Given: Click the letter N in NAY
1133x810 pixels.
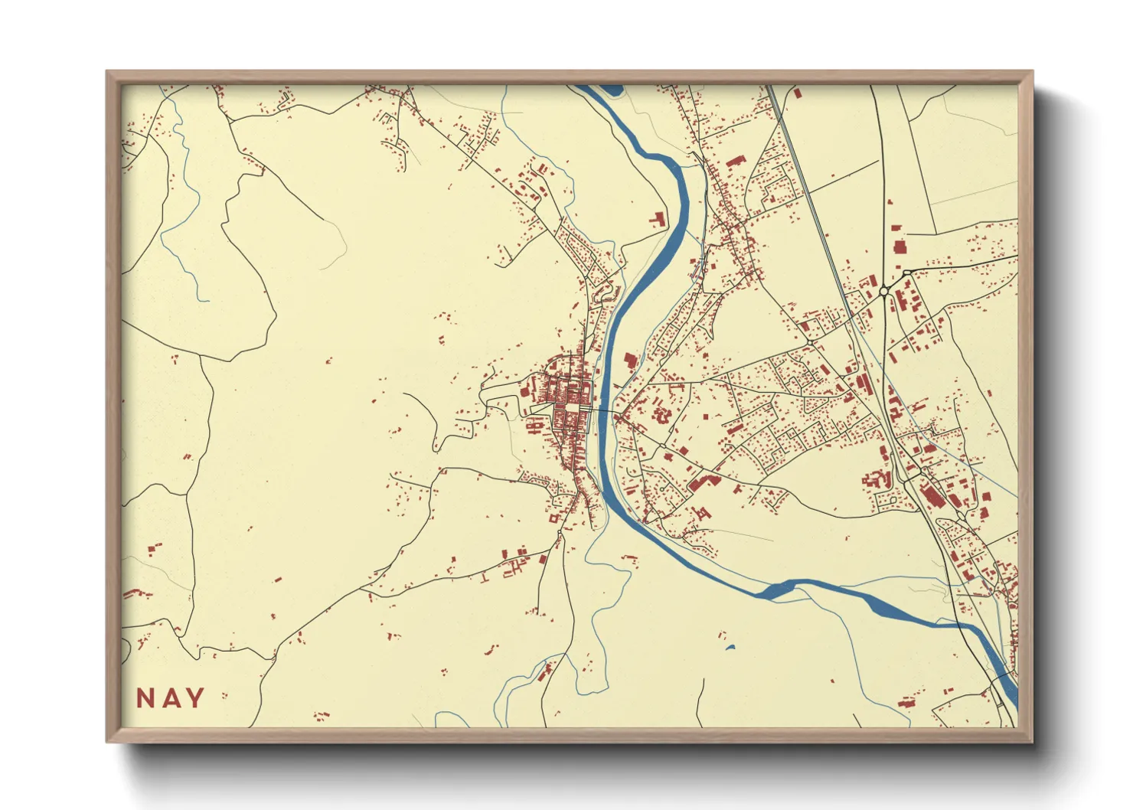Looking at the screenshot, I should click(x=145, y=698).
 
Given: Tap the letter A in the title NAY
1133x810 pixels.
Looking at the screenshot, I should click(x=171, y=698).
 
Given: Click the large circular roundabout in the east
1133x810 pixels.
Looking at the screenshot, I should click(x=884, y=291).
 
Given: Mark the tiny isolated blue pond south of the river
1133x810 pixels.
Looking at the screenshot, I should click(x=730, y=648).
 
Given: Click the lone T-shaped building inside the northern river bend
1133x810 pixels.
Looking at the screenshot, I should click(x=657, y=219).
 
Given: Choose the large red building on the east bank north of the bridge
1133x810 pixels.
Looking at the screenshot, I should click(x=630, y=363).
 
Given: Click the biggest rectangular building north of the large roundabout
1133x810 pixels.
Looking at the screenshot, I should click(x=898, y=246).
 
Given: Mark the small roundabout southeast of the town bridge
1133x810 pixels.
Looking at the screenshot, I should click(x=661, y=445).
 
